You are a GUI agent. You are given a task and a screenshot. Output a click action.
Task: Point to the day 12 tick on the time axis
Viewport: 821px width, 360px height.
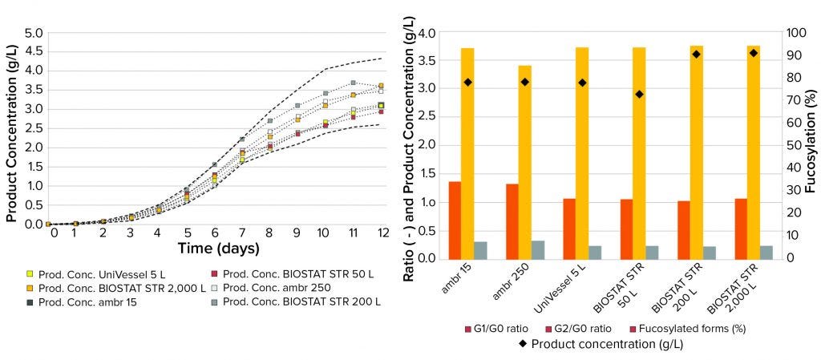click(383, 233)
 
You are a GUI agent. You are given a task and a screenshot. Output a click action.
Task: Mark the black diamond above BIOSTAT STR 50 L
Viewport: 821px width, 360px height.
click(639, 95)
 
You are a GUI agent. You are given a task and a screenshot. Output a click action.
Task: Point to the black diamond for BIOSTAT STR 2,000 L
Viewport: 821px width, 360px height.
click(754, 53)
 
